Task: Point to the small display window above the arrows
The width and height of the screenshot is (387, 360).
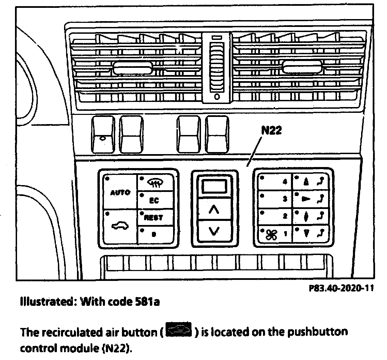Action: [214, 187]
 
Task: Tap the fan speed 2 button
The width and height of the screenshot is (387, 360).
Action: [274, 216]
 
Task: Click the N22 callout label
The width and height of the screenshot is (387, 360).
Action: [271, 131]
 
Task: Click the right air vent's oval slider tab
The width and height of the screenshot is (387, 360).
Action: [302, 69]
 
